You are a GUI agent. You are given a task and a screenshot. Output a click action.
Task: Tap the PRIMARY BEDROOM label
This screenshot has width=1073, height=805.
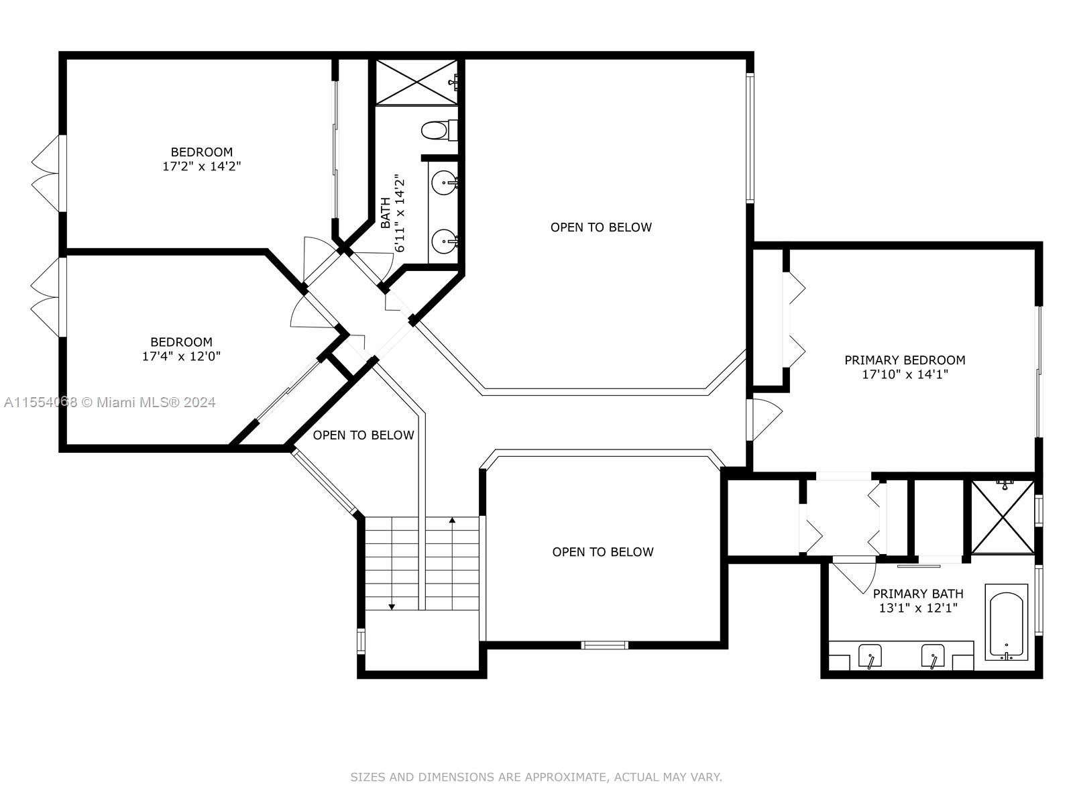point(905,360)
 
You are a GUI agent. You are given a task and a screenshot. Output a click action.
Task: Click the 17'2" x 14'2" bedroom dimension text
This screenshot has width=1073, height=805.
point(201,166)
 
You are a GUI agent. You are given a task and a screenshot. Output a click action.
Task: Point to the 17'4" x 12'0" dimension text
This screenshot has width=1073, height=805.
point(181,356)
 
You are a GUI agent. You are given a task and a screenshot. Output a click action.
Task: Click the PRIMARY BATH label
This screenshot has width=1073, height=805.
point(918,594)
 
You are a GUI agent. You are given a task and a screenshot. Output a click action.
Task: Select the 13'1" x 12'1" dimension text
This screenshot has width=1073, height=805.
point(918,608)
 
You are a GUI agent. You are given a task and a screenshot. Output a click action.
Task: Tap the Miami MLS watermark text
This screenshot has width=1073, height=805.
point(109,402)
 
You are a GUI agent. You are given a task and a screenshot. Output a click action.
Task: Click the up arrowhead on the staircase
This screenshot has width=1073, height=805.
point(452,520)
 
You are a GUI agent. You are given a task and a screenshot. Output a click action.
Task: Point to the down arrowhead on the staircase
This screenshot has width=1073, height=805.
point(392,606)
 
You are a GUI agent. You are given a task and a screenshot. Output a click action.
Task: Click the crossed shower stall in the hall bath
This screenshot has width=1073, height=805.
point(416,82)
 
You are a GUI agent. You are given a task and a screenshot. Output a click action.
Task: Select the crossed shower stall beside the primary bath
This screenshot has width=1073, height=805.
point(1003,517)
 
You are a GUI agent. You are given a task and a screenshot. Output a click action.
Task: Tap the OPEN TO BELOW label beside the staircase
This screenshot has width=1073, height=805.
point(363,435)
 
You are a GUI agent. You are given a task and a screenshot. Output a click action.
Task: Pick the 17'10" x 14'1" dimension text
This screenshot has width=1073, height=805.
point(905,374)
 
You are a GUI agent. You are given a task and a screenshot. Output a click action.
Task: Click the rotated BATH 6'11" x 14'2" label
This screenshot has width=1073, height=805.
point(393,213)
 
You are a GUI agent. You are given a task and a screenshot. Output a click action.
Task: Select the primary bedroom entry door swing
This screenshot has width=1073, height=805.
point(765,419)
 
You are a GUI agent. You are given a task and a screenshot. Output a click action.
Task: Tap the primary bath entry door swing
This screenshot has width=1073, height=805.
point(854,576)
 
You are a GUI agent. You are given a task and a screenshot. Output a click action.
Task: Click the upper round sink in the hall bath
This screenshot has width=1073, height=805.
point(445,183)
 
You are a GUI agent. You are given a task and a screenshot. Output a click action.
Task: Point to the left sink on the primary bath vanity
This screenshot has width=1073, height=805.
point(870,657)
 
